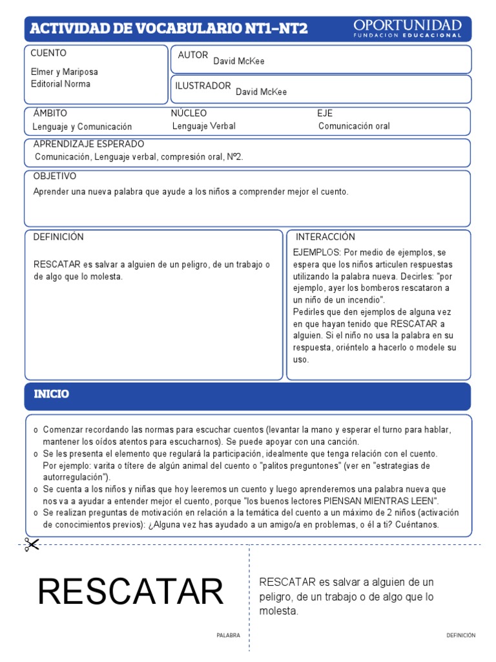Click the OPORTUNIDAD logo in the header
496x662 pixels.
(407, 28)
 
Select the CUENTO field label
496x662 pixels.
(48, 53)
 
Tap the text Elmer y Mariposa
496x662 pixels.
(65, 72)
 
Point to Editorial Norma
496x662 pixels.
(61, 84)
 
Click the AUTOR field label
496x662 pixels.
(192, 56)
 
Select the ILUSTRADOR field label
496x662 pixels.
(203, 86)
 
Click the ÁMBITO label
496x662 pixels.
(50, 113)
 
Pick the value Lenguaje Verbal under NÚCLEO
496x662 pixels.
(204, 126)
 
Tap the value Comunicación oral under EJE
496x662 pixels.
(354, 126)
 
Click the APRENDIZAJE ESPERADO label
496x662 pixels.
(88, 144)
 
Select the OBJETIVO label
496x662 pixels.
(54, 176)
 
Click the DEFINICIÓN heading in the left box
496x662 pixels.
(59, 237)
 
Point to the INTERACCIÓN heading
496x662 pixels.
(325, 237)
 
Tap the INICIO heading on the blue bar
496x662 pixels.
(51, 394)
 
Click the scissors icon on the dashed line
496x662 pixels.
(30, 545)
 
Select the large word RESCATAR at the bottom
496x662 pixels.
(130, 592)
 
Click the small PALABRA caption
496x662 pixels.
(228, 635)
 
